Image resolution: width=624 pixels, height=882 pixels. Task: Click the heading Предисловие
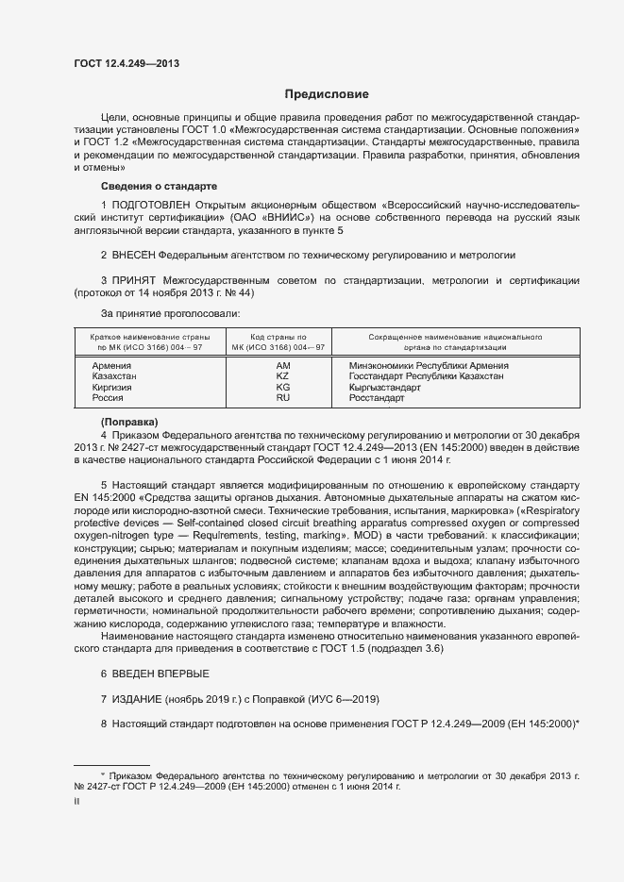pos(328,94)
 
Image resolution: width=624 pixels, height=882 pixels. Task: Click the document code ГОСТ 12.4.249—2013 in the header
pos(126,64)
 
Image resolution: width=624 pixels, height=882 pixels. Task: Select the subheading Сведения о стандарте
pos(159,186)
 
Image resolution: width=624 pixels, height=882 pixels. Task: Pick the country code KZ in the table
pos(282,376)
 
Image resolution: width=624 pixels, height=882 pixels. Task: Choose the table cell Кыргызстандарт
pos(384,388)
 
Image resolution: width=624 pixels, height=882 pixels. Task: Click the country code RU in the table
pos(282,398)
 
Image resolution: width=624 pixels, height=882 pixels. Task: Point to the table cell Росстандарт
pos(377,398)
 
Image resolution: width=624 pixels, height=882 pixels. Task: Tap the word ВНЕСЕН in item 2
pos(134,256)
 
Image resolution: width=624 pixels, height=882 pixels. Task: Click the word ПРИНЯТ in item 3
pos(134,281)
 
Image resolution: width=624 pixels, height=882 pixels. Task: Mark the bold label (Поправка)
pos(129,420)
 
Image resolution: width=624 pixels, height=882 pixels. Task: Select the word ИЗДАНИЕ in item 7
pos(137,698)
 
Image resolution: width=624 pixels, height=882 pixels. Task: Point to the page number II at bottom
pos(76,801)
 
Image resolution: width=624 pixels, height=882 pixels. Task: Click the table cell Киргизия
pos(112,388)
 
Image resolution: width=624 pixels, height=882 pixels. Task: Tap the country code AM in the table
pos(282,365)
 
